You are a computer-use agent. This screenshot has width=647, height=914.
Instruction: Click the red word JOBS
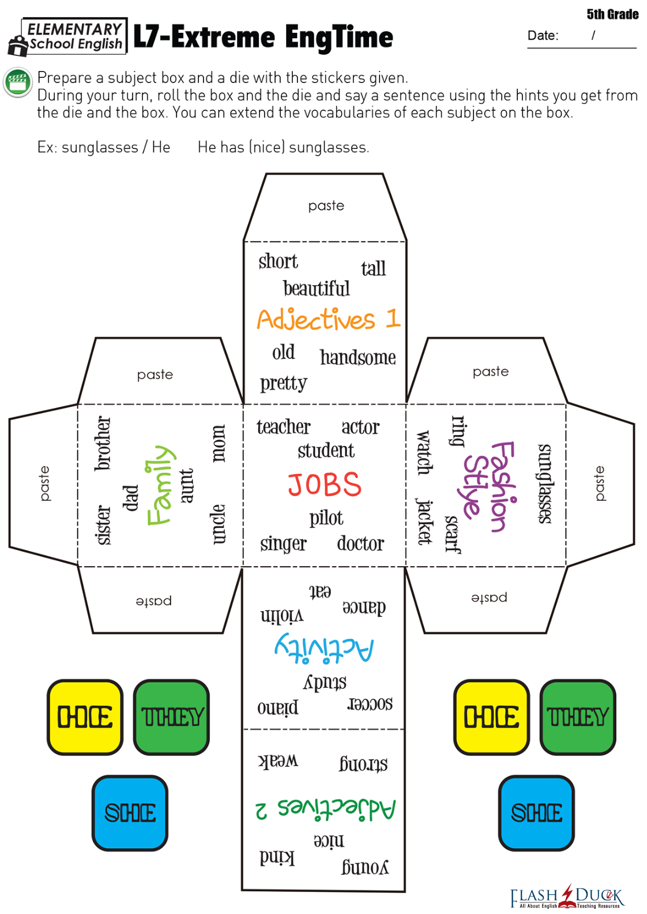click(325, 485)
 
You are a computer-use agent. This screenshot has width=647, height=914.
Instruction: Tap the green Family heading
click(159, 485)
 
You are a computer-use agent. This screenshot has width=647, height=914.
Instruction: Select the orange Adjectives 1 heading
click(328, 319)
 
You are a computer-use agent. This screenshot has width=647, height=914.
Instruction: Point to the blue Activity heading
click(324, 648)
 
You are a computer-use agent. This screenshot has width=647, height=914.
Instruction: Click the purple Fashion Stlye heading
click(489, 486)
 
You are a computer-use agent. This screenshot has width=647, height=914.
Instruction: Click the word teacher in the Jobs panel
click(283, 427)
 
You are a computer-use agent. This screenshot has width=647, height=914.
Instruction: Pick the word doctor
click(360, 544)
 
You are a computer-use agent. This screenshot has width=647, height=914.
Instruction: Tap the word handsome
click(358, 358)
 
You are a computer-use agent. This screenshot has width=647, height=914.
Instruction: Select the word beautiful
click(316, 289)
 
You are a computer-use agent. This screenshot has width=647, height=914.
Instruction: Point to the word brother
click(103, 443)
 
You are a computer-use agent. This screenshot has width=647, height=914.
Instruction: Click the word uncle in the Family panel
click(217, 524)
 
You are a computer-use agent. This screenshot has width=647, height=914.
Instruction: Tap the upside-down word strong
click(363, 764)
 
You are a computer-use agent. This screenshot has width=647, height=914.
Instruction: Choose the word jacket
click(424, 522)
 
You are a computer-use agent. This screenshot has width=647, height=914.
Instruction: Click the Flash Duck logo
click(566, 897)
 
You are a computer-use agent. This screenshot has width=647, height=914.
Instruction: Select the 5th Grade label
click(612, 14)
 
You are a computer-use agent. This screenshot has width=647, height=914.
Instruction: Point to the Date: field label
click(543, 36)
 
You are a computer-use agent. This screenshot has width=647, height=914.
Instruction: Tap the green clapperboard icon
click(17, 82)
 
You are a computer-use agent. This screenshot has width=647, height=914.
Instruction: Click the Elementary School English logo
click(67, 37)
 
